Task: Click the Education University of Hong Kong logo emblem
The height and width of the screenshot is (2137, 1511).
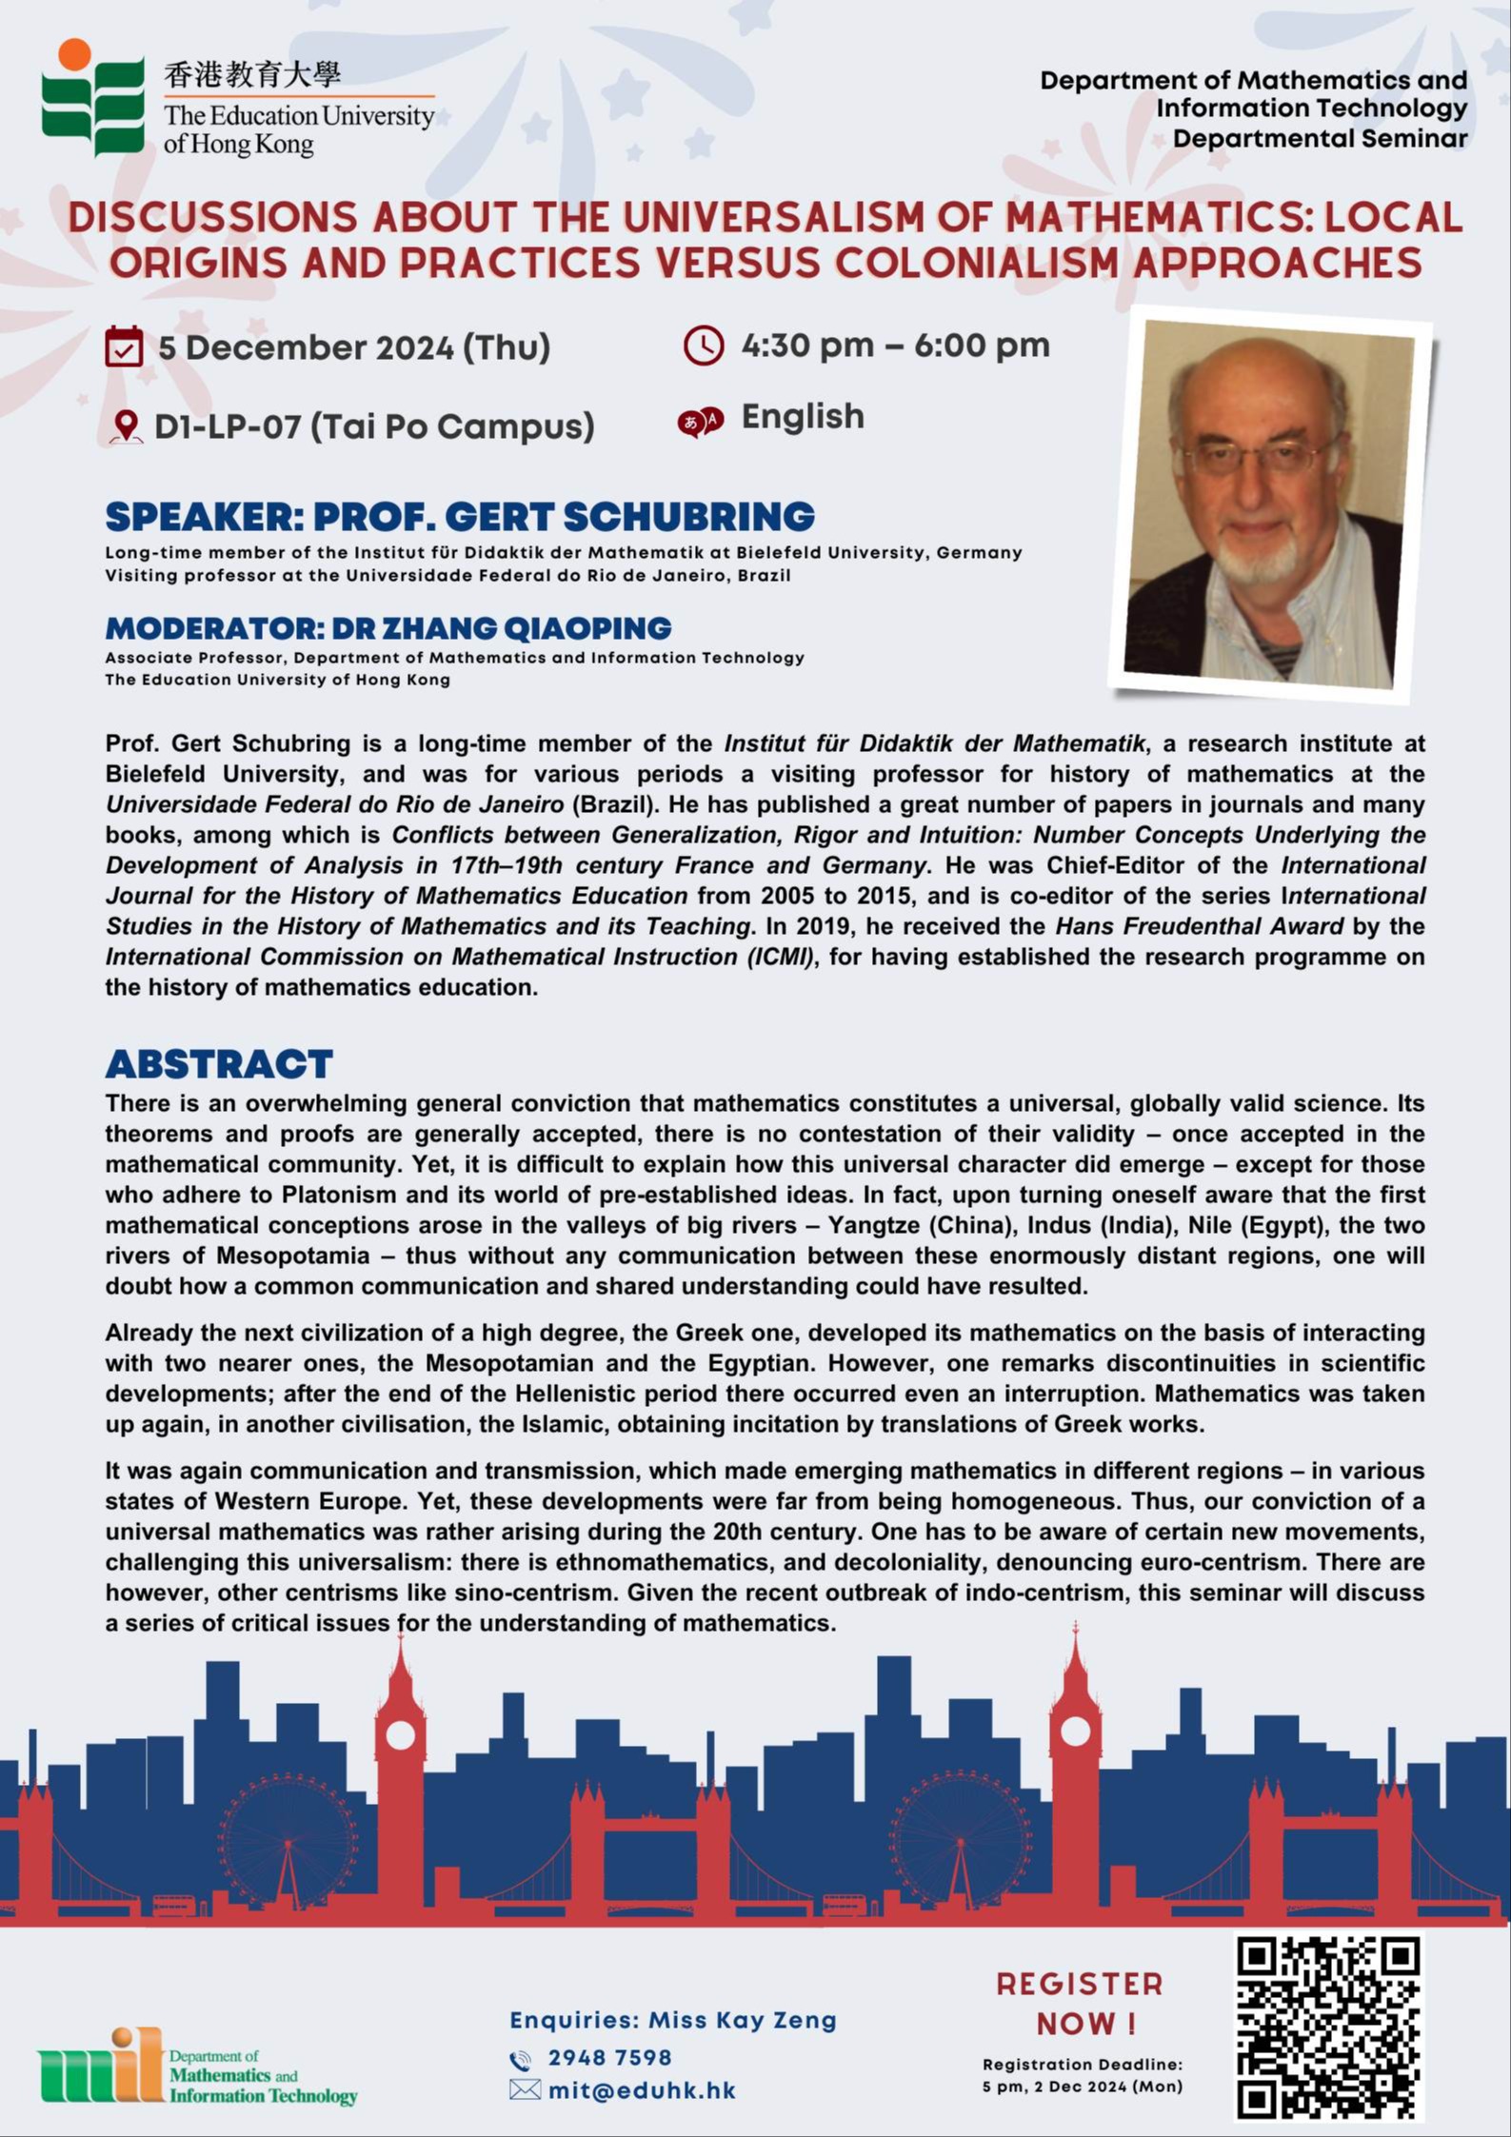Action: point(93,98)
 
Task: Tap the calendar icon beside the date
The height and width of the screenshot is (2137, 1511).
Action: point(124,346)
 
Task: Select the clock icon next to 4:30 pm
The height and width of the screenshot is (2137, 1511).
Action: point(704,346)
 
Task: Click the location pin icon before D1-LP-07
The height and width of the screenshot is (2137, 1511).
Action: point(125,426)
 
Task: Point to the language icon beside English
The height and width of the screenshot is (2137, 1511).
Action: point(701,420)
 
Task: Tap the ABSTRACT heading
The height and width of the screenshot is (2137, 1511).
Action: point(219,1063)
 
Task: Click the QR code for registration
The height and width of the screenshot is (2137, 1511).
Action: point(1329,2028)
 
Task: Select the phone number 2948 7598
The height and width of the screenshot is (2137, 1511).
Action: point(609,2058)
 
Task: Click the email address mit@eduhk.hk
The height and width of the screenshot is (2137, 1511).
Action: point(642,2090)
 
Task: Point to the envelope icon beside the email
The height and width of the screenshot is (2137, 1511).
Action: point(524,2090)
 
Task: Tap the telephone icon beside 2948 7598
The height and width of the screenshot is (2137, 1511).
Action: point(521,2059)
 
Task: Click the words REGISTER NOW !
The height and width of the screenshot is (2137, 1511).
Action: point(1080,2004)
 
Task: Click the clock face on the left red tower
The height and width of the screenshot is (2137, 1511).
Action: point(401,1734)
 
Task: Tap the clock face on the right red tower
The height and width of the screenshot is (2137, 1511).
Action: point(1075,1731)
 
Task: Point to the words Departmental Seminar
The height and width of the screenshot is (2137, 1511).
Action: point(1320,139)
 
